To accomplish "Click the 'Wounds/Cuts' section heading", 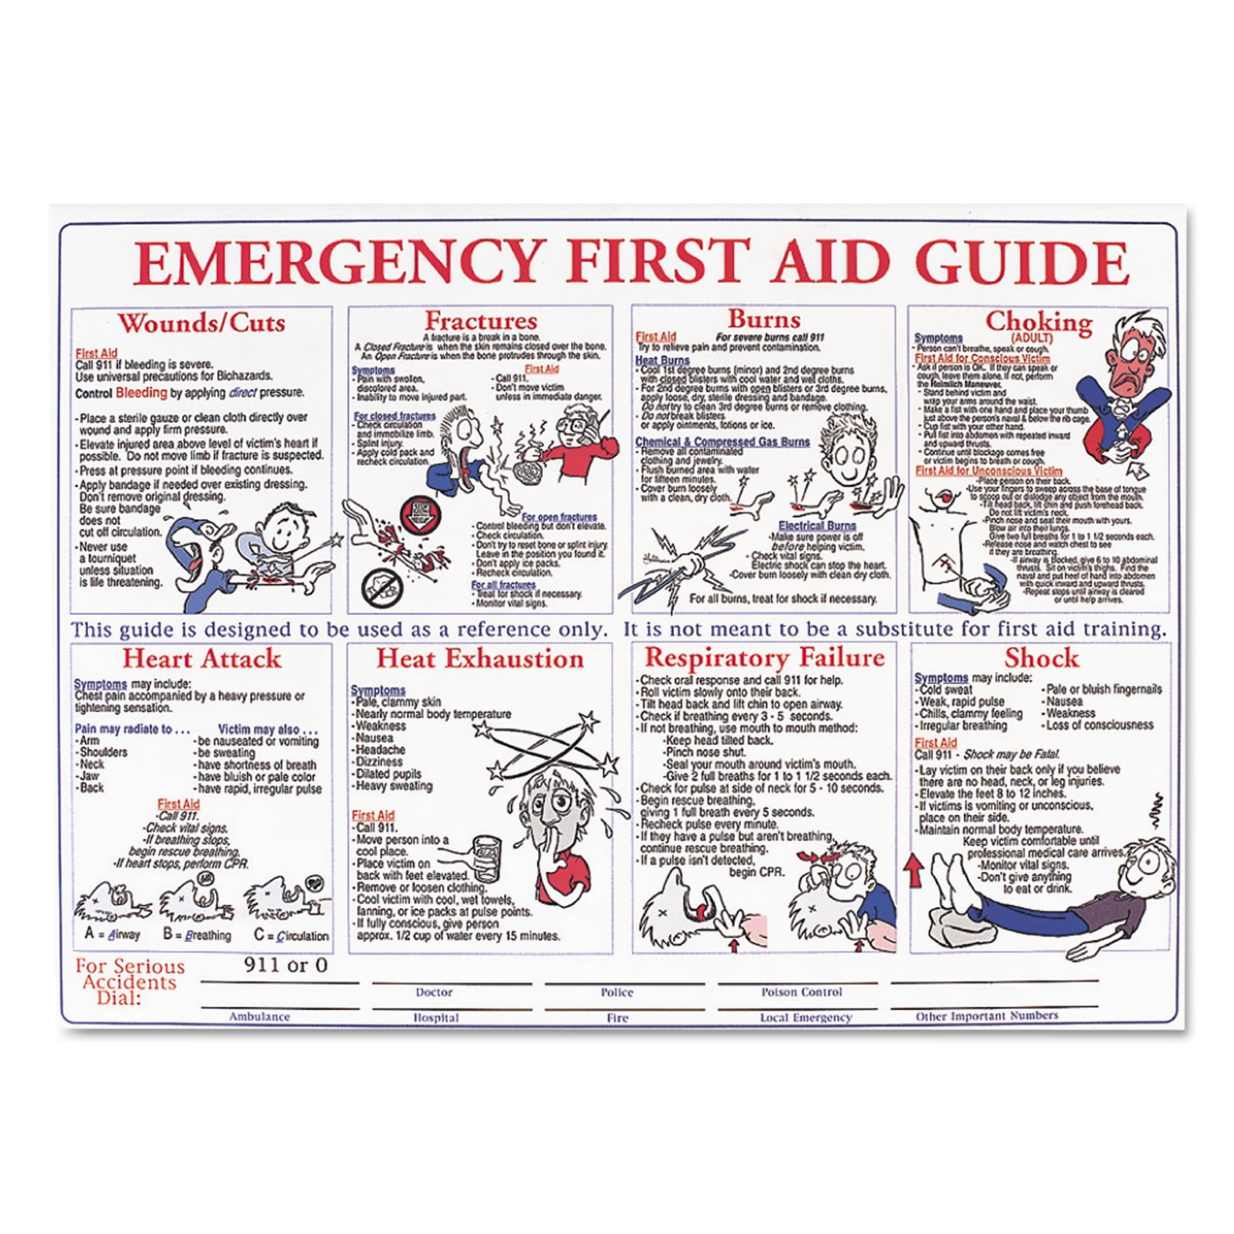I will click(x=202, y=322).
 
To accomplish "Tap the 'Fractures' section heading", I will click(x=480, y=320).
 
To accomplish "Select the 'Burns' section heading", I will click(x=764, y=319).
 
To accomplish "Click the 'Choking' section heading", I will click(x=1039, y=321).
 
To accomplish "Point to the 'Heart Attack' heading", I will click(x=202, y=659).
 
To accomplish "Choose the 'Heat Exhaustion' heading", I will click(x=480, y=659).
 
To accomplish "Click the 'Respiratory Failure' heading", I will click(x=764, y=658).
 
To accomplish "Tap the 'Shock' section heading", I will click(x=1041, y=658).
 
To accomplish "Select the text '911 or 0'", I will click(x=286, y=965).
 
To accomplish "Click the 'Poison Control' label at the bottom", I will click(x=801, y=992).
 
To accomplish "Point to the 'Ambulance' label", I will click(x=259, y=1017).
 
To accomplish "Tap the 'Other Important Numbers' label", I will click(x=987, y=1016).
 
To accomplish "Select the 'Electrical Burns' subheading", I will click(x=816, y=526).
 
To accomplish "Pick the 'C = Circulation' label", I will click(x=291, y=935).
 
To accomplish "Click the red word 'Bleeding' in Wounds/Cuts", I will click(x=141, y=393).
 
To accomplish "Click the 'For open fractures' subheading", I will click(x=559, y=517).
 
